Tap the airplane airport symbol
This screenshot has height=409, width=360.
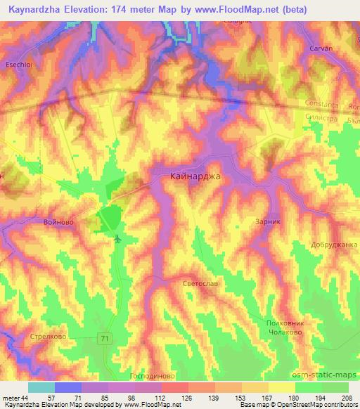117,240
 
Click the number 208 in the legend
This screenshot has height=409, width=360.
347,397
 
